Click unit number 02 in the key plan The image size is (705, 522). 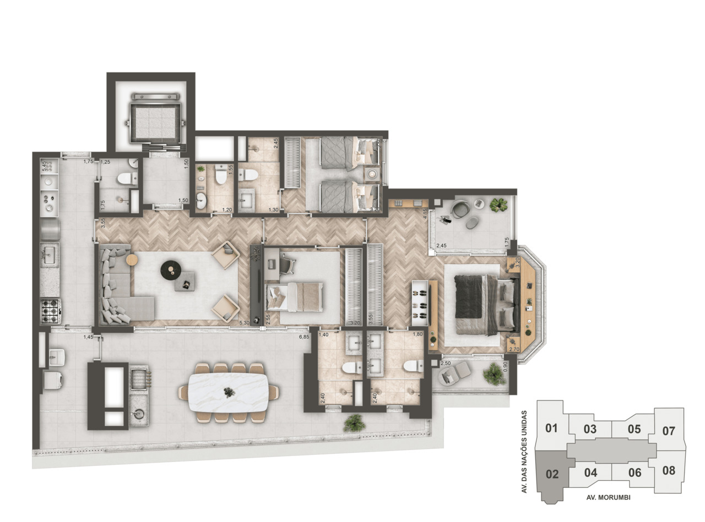coord(552,474)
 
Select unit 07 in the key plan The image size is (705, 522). coord(668,431)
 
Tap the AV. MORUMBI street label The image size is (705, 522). coord(608,497)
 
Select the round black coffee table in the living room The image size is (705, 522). coord(170,269)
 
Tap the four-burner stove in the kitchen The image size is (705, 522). coord(51,311)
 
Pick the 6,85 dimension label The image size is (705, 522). coord(304,336)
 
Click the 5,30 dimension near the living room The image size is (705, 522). coord(246,323)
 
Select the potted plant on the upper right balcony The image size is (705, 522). coord(499,205)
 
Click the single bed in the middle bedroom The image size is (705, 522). coord(295,297)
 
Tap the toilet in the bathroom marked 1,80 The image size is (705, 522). coord(413,366)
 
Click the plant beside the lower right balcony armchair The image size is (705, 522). coord(493,374)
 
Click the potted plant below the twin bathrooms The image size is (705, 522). coord(353,422)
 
